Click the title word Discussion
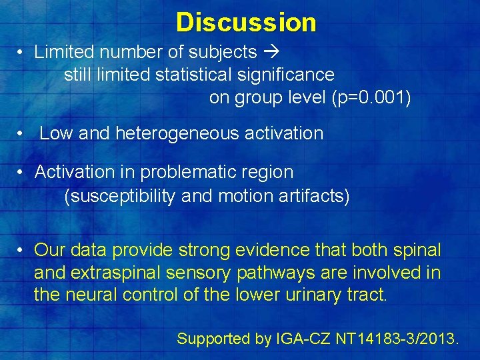click(246, 22)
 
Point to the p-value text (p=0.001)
click(371, 98)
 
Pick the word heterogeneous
click(177, 133)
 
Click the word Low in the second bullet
click(56, 133)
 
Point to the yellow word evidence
click(272, 250)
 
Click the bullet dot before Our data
click(22, 250)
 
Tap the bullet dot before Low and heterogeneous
click(22, 133)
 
